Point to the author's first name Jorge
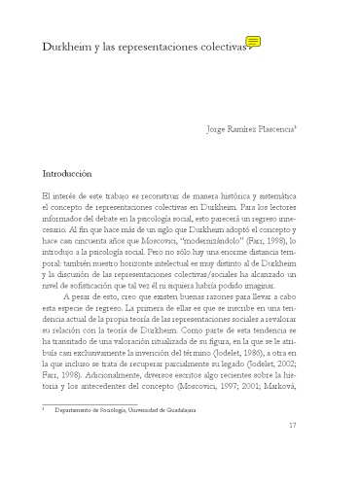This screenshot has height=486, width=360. [222, 127]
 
